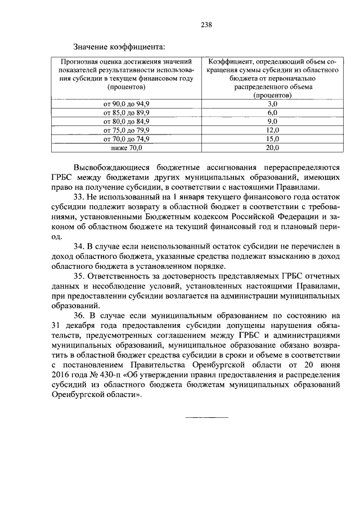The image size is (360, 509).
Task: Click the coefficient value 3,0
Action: click(x=272, y=104)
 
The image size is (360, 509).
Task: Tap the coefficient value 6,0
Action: click(x=272, y=112)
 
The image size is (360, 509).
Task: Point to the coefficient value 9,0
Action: click(x=272, y=121)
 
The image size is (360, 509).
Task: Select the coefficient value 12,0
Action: click(x=272, y=130)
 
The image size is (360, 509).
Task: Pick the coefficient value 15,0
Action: click(x=272, y=138)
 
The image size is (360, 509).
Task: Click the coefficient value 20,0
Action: click(x=272, y=147)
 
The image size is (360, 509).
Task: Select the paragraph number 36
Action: click(x=79, y=316)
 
